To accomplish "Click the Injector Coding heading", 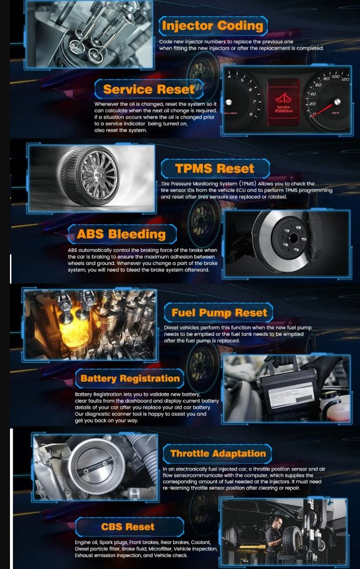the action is [213, 26].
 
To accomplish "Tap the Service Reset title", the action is [149, 89].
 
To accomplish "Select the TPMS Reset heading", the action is [215, 168].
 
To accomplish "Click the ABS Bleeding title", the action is [121, 234].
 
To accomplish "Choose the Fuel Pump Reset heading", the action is [219, 312].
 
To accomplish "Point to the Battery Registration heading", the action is [130, 378].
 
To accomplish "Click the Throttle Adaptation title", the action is [218, 453].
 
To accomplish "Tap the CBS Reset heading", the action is [128, 527].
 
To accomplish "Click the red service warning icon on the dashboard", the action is [283, 98].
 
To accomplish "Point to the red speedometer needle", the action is [323, 109].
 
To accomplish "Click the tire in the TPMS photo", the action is [89, 176].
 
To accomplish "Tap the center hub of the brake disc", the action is [293, 239].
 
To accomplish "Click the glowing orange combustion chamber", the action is [75, 328].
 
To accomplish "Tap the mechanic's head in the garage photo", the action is [277, 522].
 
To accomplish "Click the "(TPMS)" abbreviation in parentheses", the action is [248, 184].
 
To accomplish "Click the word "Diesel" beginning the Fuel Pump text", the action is [171, 327].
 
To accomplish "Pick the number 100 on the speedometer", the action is [335, 76].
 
